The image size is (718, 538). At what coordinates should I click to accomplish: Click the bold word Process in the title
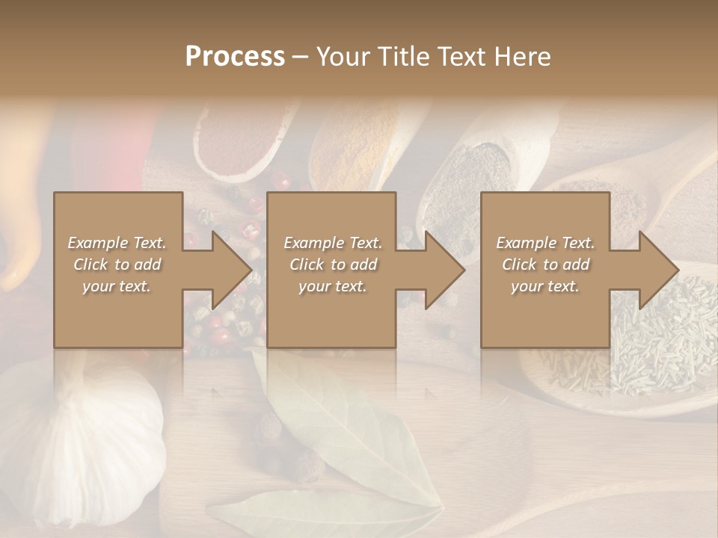235,57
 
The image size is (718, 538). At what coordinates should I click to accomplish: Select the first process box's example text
117,265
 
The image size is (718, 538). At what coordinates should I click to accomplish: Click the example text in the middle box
333,265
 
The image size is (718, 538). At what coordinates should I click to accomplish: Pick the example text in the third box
545,265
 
